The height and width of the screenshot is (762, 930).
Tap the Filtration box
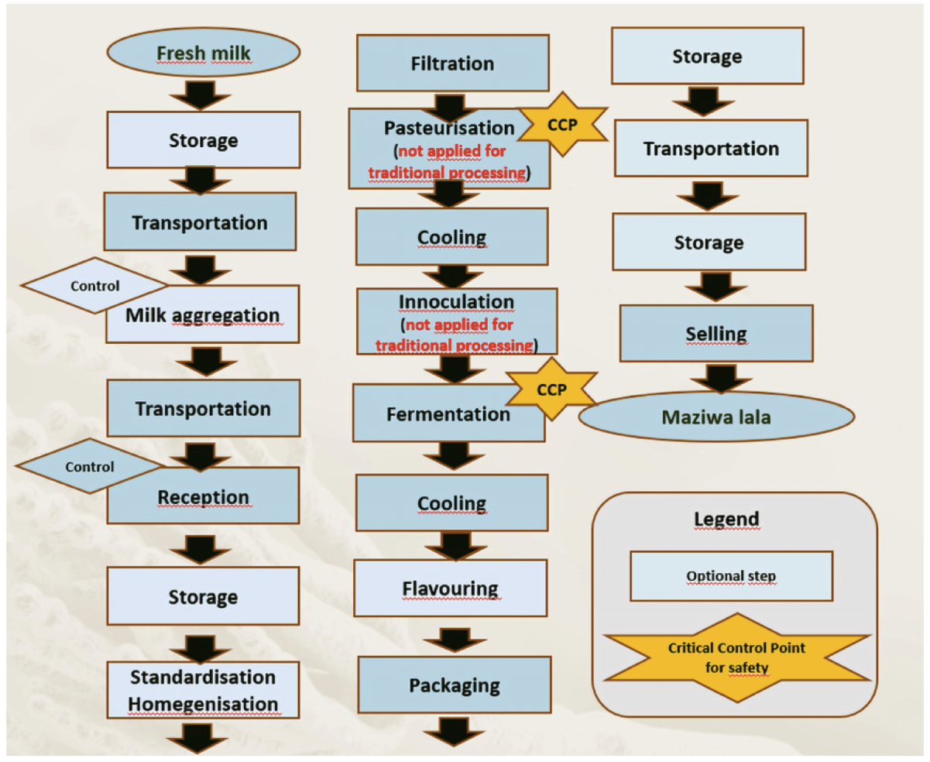coord(452,63)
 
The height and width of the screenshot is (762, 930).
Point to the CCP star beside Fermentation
coord(549,388)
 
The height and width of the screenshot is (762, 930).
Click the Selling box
coord(716,334)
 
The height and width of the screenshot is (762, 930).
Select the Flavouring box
coord(451,588)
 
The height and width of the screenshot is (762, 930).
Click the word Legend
coord(735,517)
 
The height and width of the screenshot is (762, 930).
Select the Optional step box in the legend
coord(731,576)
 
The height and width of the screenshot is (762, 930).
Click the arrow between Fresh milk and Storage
coord(201,94)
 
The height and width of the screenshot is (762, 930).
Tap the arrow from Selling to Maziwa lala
coord(716,379)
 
